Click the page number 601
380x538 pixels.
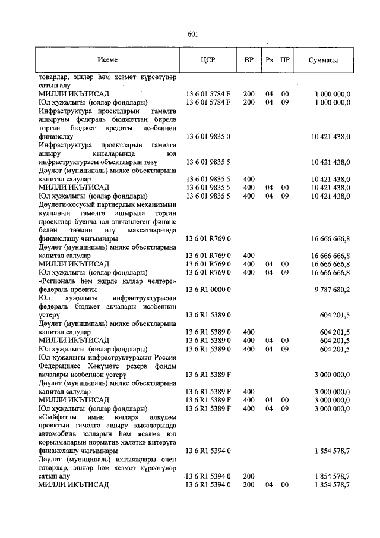pos(192,34)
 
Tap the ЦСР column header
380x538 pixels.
pos(208,60)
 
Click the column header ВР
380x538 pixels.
pos(248,60)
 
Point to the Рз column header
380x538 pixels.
pos(269,60)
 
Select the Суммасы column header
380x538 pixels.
pos(324,60)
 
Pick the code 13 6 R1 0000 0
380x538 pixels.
pos(207,290)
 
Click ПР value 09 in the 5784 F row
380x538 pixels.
pos(285,102)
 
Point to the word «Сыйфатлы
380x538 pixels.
pos(58,417)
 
